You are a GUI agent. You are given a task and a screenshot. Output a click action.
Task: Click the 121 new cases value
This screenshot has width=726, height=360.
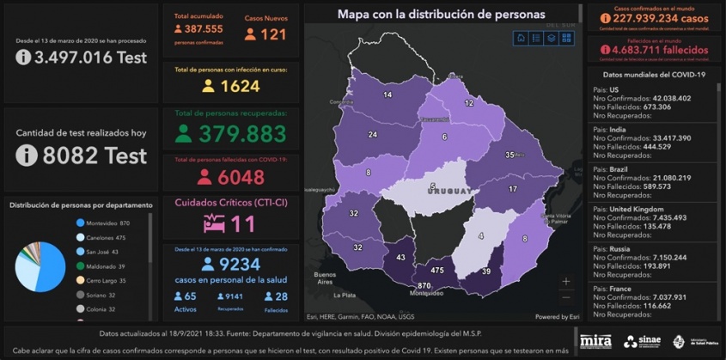click(273, 34)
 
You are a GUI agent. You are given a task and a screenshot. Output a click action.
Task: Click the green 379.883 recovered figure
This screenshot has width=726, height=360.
click(242, 133)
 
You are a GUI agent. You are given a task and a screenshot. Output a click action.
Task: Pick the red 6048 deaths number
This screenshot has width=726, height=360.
click(242, 177)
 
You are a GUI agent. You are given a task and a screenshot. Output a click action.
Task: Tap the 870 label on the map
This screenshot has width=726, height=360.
click(424, 285)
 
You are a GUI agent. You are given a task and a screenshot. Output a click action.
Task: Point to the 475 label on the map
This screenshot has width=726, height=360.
click(437, 270)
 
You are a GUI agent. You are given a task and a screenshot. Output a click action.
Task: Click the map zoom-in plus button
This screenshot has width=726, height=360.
click(565, 281)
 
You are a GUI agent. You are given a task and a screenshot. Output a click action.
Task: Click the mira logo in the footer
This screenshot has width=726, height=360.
click(595, 341)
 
